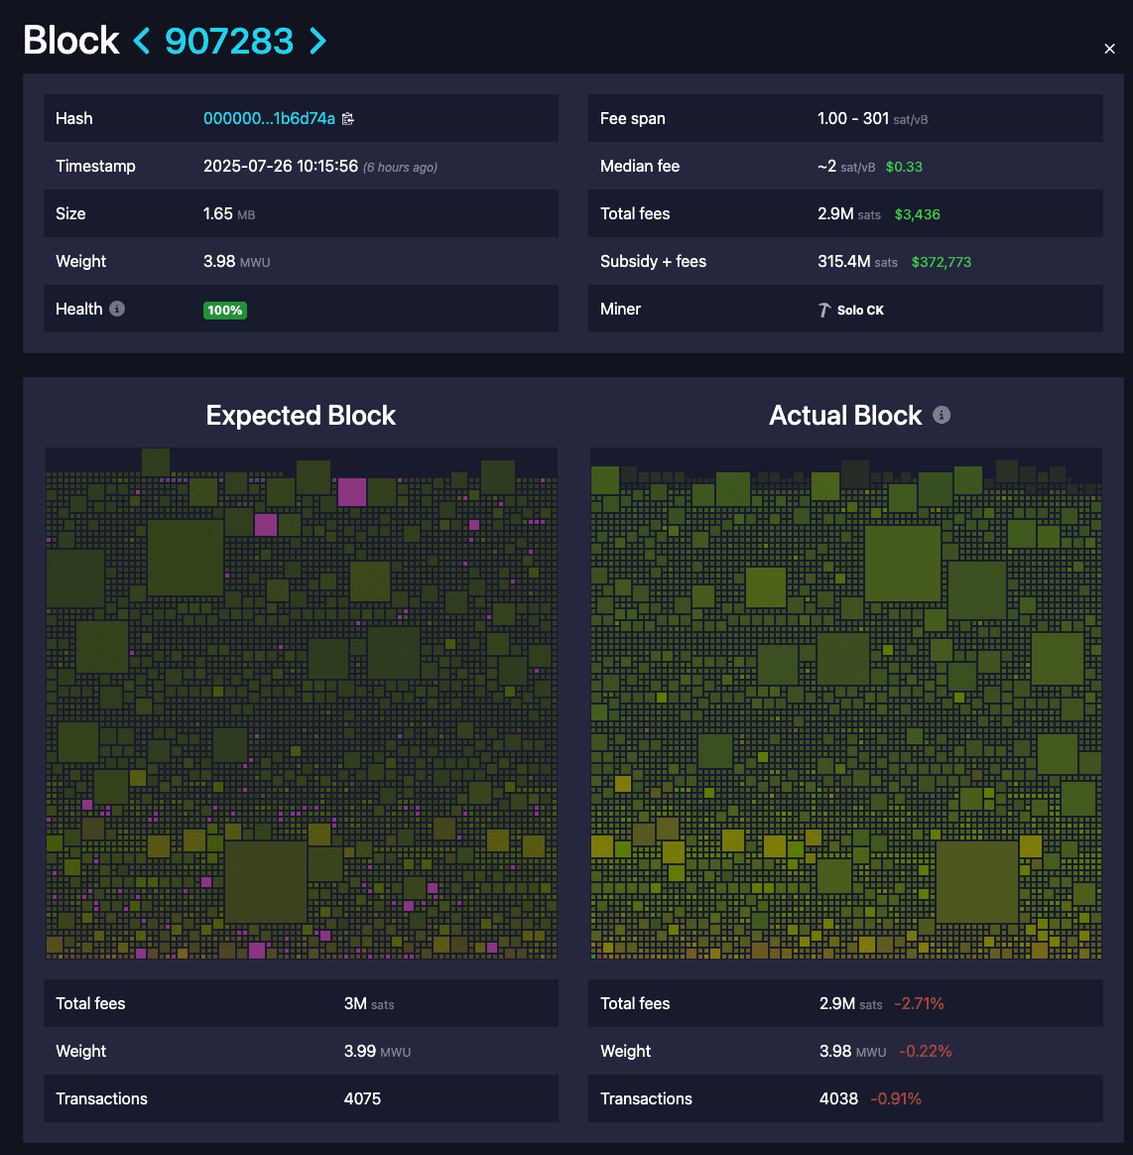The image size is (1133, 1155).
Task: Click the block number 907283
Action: tap(229, 41)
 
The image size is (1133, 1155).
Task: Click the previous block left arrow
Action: tap(142, 41)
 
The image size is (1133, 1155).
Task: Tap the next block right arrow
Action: tap(317, 41)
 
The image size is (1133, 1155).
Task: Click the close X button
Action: tap(1109, 49)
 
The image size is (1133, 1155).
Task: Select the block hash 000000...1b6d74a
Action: tap(269, 118)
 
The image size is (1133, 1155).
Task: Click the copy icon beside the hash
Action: tap(348, 119)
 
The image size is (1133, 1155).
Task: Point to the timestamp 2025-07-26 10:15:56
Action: tap(281, 166)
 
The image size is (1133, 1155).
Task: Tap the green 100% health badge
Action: tap(225, 310)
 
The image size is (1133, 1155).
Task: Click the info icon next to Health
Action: tap(117, 309)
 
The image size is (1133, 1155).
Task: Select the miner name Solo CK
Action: tap(859, 310)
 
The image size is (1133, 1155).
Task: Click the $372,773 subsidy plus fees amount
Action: tap(942, 262)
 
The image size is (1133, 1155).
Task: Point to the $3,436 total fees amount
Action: tap(917, 214)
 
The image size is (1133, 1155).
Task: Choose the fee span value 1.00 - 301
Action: tap(853, 118)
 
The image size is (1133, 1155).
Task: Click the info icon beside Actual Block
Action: tap(942, 415)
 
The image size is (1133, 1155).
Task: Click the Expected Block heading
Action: tap(301, 416)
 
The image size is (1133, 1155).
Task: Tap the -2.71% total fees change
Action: tap(919, 1004)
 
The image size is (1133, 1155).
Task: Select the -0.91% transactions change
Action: tap(896, 1098)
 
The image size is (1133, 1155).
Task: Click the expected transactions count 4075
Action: tap(362, 1098)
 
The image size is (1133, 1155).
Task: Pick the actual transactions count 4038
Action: tap(838, 1098)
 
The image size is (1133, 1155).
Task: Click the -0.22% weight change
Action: tap(926, 1052)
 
